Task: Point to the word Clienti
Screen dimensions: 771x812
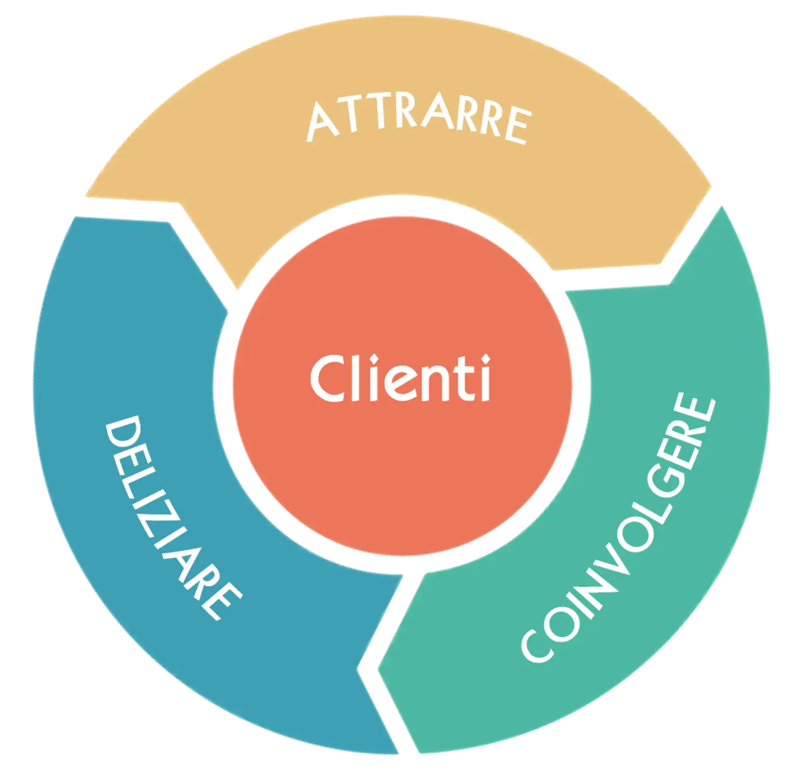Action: click(400, 378)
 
